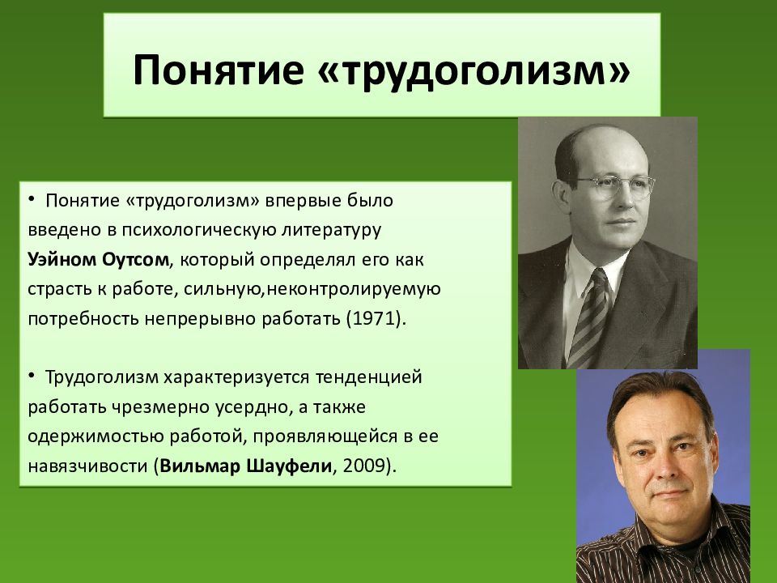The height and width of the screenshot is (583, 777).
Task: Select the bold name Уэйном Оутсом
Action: click(x=98, y=259)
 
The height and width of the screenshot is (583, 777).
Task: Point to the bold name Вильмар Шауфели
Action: click(x=245, y=466)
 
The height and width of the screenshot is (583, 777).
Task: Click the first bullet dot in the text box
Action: click(x=32, y=199)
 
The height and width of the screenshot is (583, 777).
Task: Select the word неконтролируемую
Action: click(x=354, y=289)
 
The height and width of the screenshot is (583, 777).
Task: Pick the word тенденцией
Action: click(x=369, y=377)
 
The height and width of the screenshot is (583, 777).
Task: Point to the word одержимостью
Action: click(x=96, y=436)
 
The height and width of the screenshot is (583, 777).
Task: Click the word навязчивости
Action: click(x=89, y=466)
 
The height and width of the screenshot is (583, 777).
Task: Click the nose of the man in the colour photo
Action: click(x=663, y=462)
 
